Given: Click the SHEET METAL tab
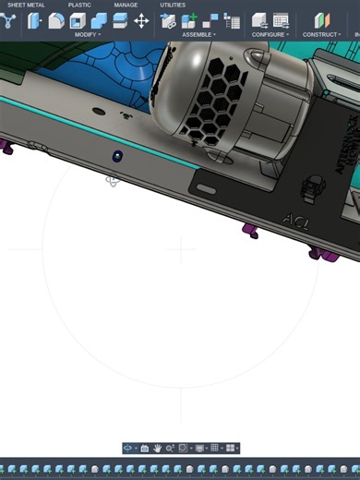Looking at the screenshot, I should point(26,5).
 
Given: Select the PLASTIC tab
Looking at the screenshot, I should point(79,5).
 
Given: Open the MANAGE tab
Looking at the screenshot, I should point(126,5).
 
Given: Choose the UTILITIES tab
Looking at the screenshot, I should point(173,5).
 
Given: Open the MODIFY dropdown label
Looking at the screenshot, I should point(87,34).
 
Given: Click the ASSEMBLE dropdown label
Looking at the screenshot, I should point(198,34).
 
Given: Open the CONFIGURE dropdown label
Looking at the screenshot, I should point(270,34).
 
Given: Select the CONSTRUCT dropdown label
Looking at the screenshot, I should point(321,34).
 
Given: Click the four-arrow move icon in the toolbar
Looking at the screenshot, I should point(141,20).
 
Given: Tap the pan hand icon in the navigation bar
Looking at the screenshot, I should point(158,448).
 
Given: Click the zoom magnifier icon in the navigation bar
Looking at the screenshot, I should point(170,448).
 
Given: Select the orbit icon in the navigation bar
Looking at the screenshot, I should point(128,448).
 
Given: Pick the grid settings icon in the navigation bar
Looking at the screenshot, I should point(215,448).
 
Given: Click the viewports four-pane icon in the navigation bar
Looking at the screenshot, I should point(230,448).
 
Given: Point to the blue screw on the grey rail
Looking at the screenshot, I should point(117,156).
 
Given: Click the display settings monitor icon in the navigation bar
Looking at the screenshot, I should point(199,448).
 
